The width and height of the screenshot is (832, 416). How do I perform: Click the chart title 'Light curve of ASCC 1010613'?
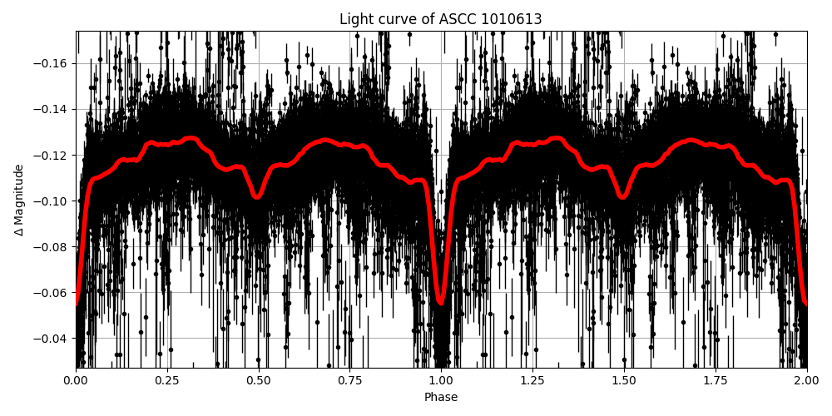click(x=441, y=19)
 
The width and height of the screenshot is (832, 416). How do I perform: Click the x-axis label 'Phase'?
click(x=441, y=398)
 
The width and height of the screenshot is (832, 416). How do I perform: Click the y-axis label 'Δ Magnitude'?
click(x=19, y=200)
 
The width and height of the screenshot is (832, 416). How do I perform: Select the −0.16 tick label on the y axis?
click(x=52, y=63)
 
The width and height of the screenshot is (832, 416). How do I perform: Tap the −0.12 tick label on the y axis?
click(x=52, y=155)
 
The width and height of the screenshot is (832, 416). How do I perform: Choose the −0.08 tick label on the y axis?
click(x=52, y=246)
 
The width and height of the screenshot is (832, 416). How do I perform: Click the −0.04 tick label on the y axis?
click(x=52, y=338)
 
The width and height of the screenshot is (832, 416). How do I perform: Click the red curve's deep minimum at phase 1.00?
click(x=441, y=302)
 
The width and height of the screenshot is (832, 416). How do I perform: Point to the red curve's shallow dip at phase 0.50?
click(x=257, y=196)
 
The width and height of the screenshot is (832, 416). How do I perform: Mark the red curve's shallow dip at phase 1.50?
click(x=623, y=196)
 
